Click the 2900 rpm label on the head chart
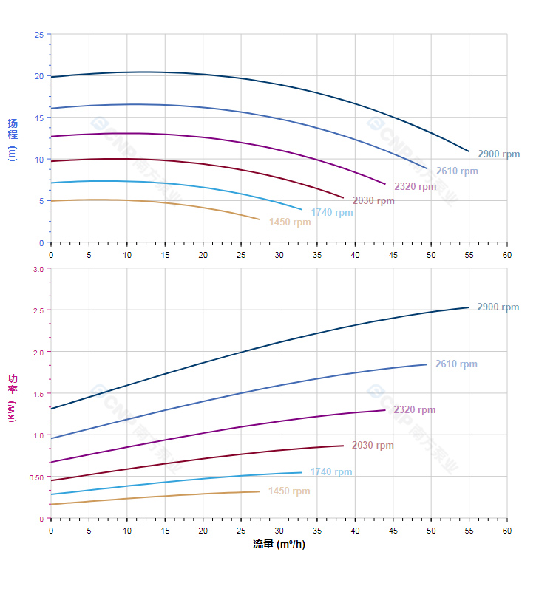(498, 154)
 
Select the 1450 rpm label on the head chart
(290, 222)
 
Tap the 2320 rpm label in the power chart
(414, 410)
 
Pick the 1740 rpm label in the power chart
(331, 472)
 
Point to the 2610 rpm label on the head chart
(457, 171)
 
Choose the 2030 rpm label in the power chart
(373, 446)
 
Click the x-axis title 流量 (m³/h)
(279, 545)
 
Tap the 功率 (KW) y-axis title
(13, 398)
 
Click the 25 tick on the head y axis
(38, 34)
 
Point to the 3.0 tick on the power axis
(38, 269)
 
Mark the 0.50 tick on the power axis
(36, 477)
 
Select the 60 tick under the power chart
(507, 531)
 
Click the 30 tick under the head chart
(279, 254)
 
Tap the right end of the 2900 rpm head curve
(469, 151)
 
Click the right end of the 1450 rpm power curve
(260, 491)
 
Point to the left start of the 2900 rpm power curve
(51, 409)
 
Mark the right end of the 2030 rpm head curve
(344, 198)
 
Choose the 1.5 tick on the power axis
(38, 394)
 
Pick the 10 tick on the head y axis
(38, 159)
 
